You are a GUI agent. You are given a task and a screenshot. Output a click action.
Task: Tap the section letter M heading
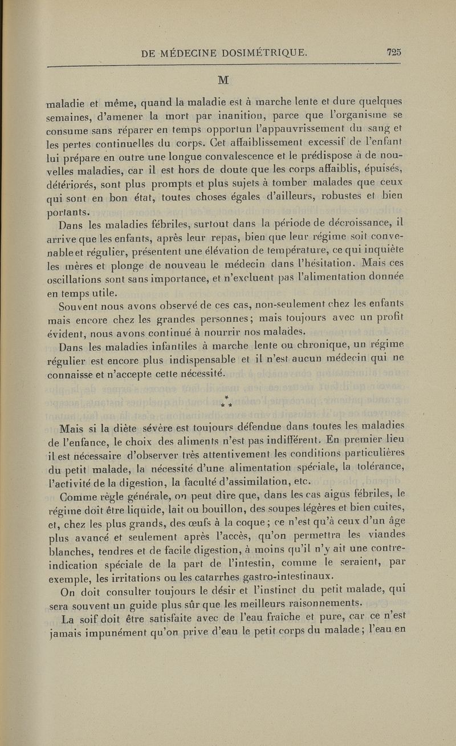pos(229,78)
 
